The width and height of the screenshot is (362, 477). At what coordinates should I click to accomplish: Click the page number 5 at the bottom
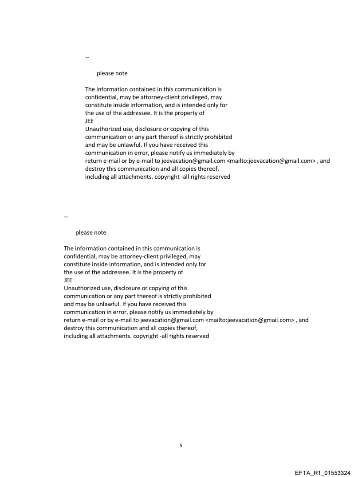click(181, 445)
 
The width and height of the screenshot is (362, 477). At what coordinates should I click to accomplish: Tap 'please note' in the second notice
click(90, 232)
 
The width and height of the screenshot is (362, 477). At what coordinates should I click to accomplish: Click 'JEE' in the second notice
click(68, 280)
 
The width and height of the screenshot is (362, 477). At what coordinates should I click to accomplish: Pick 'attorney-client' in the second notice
click(127, 256)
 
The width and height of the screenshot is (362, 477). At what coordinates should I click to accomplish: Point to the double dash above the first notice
click(87, 58)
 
